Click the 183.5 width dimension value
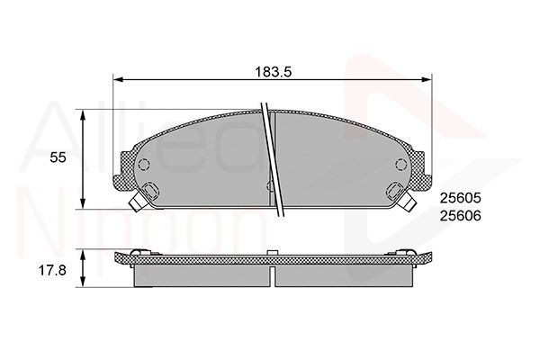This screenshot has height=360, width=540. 273,72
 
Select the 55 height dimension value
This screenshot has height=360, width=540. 58,157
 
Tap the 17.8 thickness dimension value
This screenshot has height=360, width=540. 52,270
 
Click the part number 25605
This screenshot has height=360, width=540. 460,198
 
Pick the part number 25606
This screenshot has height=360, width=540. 460,216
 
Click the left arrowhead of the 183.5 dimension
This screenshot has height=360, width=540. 118,79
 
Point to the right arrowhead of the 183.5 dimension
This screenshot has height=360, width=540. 427,79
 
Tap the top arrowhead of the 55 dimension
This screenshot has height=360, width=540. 82,115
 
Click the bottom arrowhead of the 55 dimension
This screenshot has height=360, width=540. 82,204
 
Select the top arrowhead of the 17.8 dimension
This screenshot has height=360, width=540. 82,254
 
